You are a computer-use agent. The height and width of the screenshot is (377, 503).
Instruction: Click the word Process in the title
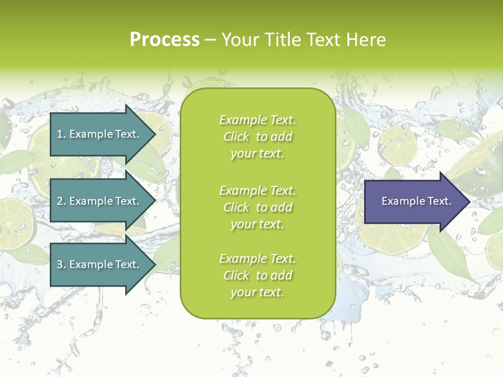click(165, 39)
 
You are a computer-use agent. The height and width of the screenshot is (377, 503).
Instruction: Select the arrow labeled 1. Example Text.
click(100, 134)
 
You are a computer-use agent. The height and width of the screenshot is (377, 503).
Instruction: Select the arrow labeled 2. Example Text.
click(100, 201)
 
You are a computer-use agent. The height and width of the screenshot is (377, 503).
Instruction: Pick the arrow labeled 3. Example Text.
click(100, 264)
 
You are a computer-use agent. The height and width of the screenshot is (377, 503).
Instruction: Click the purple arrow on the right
click(414, 202)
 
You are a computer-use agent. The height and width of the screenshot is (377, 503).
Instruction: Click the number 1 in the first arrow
click(60, 134)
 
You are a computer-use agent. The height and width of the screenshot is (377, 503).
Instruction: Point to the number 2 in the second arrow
click(60, 201)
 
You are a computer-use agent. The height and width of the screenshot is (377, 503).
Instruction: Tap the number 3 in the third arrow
click(60, 264)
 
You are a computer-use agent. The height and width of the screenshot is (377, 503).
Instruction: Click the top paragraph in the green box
click(257, 137)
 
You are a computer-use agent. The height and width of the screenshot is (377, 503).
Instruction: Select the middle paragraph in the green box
click(257, 207)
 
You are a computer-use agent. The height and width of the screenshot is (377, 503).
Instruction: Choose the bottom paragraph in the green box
click(257, 275)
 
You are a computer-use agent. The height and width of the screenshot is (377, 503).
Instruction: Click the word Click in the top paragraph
click(236, 137)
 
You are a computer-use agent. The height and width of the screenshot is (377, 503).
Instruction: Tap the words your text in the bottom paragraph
click(257, 292)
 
